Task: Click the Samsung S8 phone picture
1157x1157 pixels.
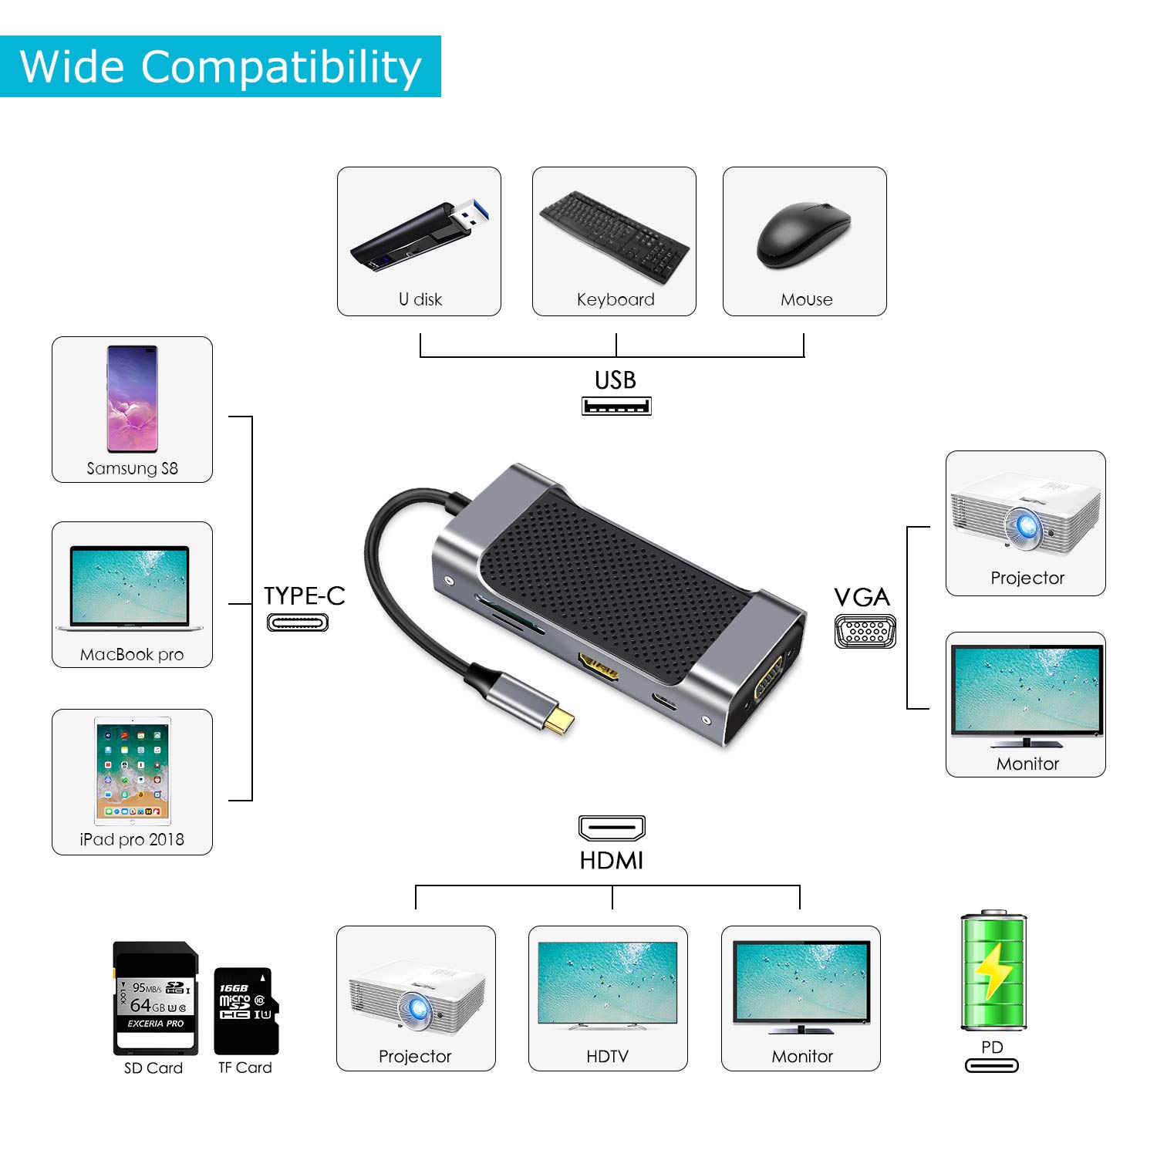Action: (132, 399)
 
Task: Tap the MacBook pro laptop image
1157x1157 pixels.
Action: (130, 589)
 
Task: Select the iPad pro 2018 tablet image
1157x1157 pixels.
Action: (132, 771)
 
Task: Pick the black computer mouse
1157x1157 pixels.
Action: (804, 234)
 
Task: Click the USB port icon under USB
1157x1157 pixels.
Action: (616, 406)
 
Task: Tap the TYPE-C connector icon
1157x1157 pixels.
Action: (298, 622)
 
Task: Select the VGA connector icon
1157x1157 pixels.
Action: (865, 631)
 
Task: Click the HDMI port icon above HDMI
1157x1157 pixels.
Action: (612, 828)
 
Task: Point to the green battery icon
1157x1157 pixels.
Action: (993, 971)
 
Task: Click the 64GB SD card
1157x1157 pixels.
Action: (155, 998)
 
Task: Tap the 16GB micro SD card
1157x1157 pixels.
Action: (245, 1010)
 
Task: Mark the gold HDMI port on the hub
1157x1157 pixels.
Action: (599, 669)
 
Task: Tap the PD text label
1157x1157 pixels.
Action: (992, 1047)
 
